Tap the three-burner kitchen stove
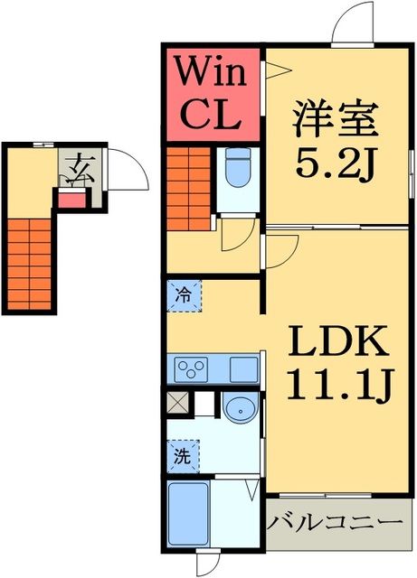pos(194,369)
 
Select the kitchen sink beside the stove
pos(244,369)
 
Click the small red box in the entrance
pos(69,199)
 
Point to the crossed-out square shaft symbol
pos(177,404)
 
